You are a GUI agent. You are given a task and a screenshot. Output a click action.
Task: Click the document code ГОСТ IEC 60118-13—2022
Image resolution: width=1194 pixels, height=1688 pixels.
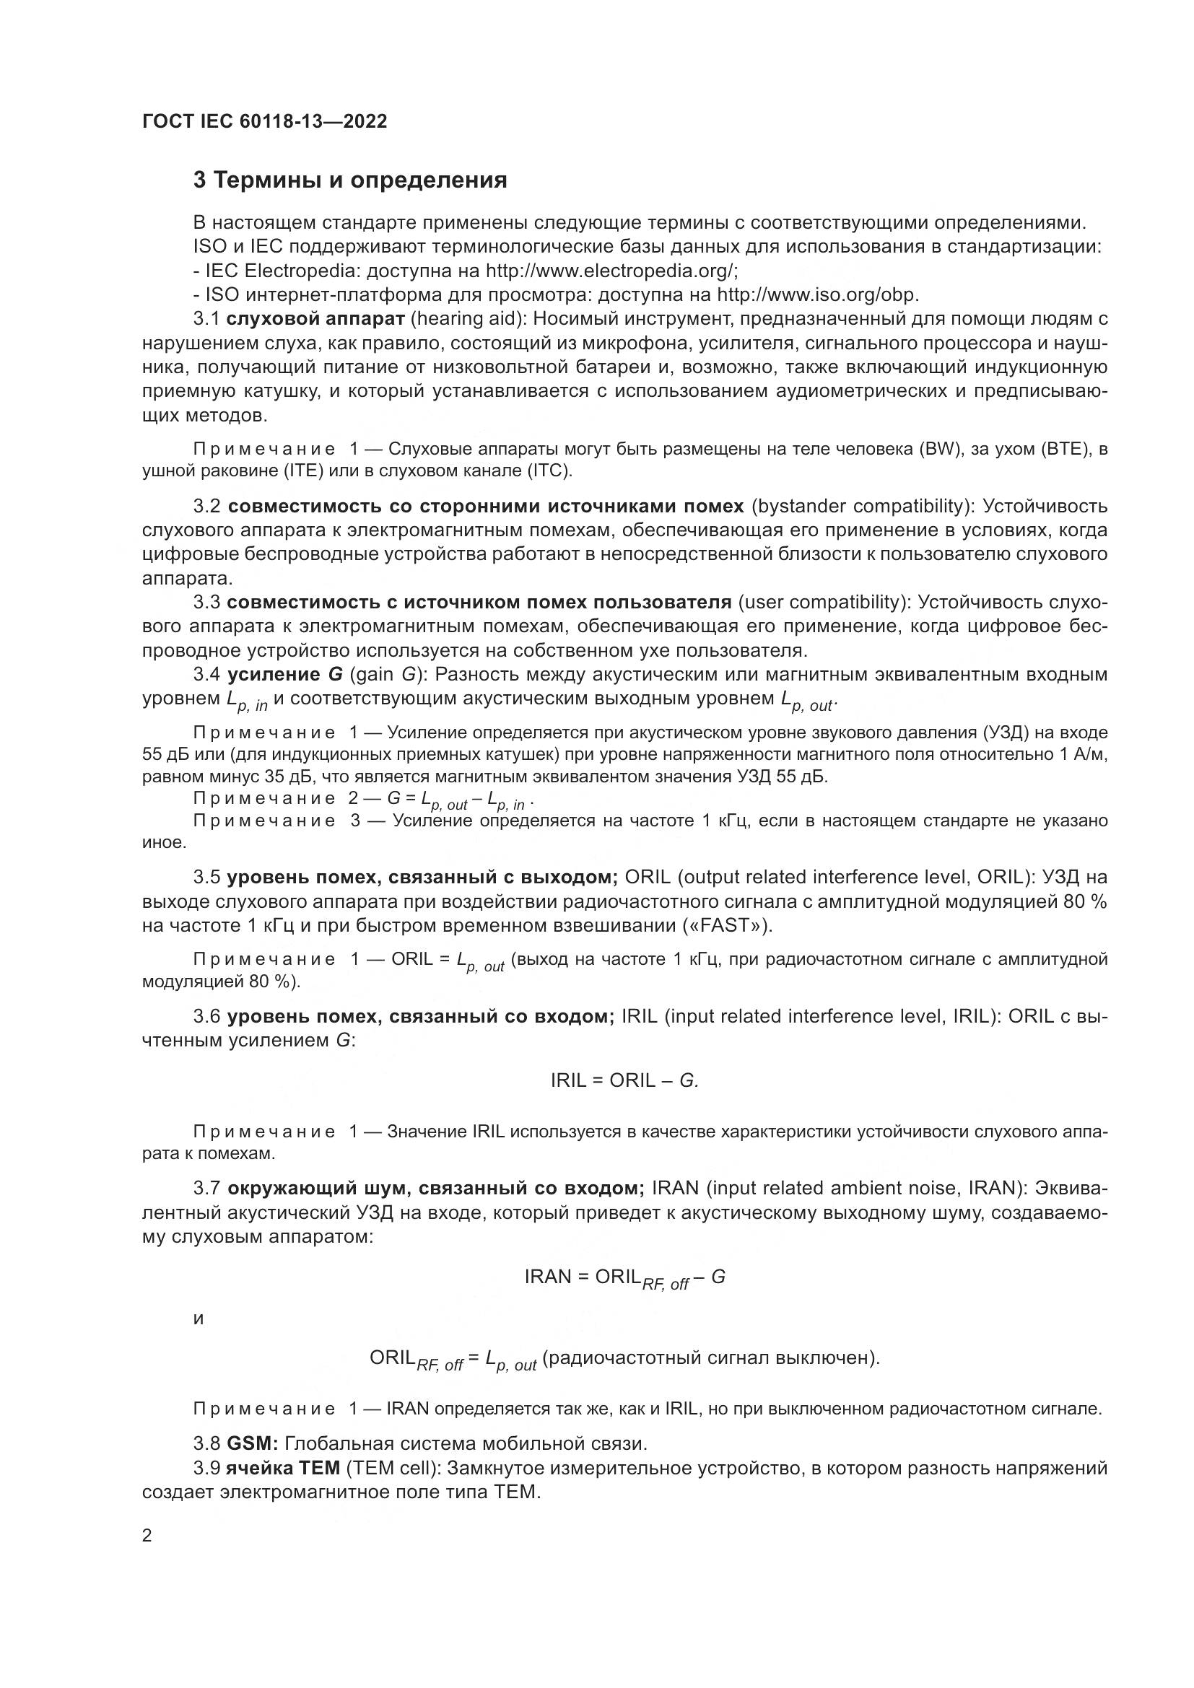(264, 121)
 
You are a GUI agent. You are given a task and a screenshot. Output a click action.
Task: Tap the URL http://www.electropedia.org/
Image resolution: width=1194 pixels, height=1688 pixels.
(611, 271)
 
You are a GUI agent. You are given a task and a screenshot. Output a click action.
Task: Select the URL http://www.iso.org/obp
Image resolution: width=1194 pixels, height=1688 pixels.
(817, 295)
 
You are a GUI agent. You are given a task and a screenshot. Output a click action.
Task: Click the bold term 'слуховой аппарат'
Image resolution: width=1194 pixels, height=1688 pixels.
(315, 319)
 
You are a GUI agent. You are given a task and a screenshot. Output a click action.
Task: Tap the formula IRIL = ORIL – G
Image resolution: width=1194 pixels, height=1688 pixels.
(624, 1080)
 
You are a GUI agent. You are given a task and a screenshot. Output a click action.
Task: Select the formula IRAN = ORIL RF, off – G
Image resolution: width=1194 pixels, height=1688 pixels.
(624, 1277)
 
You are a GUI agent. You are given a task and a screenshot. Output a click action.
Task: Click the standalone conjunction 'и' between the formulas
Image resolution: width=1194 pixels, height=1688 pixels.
(198, 1319)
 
